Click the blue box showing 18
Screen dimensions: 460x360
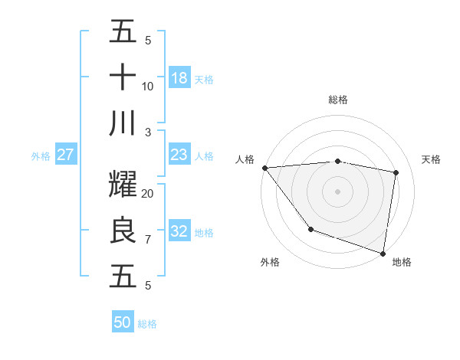coord(179,78)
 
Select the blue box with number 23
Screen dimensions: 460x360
coord(179,155)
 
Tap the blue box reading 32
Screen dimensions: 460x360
coord(179,231)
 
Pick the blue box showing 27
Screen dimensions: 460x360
coord(66,155)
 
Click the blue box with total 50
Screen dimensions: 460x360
coord(123,322)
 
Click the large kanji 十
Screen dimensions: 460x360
coord(123,78)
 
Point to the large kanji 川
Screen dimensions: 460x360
coord(123,123)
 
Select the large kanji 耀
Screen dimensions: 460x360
coord(123,185)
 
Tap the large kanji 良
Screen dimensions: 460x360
coord(123,231)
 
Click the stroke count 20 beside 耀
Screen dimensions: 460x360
coord(148,194)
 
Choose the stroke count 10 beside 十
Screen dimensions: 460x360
coord(148,87)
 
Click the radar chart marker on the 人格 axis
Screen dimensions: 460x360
coord(264,168)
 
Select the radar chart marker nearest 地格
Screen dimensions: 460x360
coord(383,252)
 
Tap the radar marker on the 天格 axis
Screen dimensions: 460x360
coord(396,172)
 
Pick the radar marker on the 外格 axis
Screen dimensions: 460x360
coord(310,229)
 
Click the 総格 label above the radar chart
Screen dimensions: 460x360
coord(337,100)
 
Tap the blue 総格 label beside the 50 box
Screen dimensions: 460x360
coord(147,324)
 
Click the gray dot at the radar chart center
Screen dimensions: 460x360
coord(337,191)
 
